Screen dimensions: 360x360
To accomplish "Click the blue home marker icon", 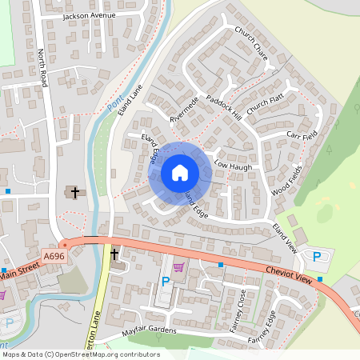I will click(x=180, y=173).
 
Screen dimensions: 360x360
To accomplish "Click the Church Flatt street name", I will click(x=266, y=102).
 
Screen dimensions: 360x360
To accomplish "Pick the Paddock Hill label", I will click(x=223, y=107).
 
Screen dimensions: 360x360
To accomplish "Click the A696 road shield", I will click(x=54, y=256).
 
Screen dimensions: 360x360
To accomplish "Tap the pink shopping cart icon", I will click(x=178, y=267).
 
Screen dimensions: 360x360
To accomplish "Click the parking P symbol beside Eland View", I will click(x=316, y=256).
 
